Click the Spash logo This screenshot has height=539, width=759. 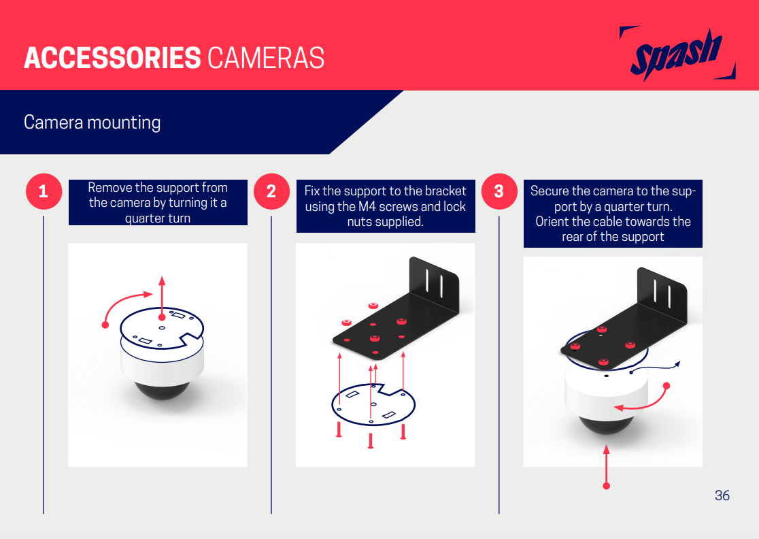click(x=677, y=53)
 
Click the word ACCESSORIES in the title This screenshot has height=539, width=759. click(x=112, y=58)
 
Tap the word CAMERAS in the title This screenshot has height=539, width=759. click(x=266, y=58)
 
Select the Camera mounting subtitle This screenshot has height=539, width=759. click(x=92, y=122)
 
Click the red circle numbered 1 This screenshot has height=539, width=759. click(x=44, y=191)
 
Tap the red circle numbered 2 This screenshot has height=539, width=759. click(x=271, y=191)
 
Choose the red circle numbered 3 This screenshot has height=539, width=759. click(x=499, y=191)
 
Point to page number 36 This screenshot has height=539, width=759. click(x=722, y=495)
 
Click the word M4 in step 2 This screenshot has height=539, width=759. click(x=367, y=207)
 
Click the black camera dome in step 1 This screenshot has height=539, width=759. click(x=162, y=391)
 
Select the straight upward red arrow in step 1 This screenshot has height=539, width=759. click(x=162, y=298)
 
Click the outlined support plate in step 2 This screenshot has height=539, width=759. click(x=373, y=404)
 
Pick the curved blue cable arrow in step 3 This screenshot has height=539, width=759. click(x=655, y=367)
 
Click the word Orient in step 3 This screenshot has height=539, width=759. click(x=552, y=222)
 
